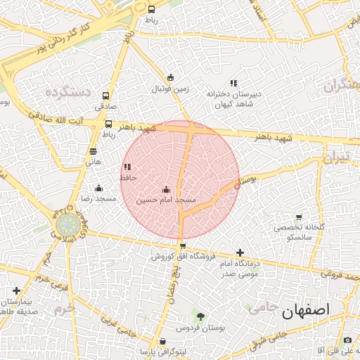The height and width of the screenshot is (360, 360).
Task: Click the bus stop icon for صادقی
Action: [x=106, y=96]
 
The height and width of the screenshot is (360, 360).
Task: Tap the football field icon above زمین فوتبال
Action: [x=170, y=78]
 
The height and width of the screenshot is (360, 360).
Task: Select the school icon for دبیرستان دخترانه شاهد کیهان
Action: [x=233, y=82]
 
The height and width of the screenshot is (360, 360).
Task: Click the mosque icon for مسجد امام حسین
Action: [x=166, y=188]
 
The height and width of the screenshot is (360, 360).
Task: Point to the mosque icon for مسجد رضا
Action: [x=98, y=188]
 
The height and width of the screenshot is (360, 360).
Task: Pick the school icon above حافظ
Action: [x=127, y=167]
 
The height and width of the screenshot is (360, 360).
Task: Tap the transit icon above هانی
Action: [x=93, y=151]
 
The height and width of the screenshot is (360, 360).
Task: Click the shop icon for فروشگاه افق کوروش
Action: [x=183, y=245]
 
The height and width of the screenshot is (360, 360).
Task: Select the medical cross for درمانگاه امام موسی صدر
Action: [x=240, y=252]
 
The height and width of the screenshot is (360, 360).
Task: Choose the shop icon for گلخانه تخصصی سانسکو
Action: [x=299, y=217]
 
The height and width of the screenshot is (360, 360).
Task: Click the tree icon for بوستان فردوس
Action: [x=200, y=317]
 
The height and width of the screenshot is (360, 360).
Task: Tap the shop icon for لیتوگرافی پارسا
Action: [x=162, y=342]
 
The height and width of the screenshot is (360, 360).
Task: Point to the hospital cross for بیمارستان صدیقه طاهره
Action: [x=16, y=290]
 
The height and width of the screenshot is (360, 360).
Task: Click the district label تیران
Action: [x=335, y=159]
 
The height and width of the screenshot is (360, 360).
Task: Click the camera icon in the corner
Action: [x=347, y=340]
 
